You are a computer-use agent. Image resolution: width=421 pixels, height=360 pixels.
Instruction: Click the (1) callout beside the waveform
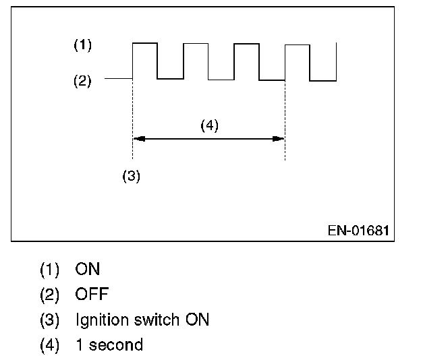(x=82, y=46)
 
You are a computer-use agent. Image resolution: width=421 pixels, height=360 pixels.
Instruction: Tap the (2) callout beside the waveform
(x=82, y=82)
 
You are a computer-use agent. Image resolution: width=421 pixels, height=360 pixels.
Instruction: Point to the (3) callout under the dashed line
(x=130, y=176)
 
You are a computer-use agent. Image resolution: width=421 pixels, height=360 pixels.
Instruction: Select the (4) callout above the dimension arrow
(x=209, y=125)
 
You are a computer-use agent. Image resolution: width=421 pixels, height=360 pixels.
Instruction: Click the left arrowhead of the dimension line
(x=138, y=139)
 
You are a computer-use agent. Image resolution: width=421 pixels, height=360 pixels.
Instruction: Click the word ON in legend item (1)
(x=87, y=270)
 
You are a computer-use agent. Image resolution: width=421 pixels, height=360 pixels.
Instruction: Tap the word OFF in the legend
(x=92, y=295)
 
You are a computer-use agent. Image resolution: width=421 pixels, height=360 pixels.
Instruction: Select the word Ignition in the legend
(x=101, y=320)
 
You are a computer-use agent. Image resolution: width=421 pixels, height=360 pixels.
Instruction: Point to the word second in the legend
(x=117, y=344)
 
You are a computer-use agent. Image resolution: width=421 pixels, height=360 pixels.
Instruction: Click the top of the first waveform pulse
(x=144, y=43)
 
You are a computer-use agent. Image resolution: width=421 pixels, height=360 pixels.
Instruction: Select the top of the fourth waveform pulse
(x=298, y=45)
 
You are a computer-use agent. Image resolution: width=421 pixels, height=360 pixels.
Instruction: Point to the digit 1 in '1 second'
(x=80, y=344)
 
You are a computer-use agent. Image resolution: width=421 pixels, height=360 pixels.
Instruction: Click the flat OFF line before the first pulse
(x=119, y=79)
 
